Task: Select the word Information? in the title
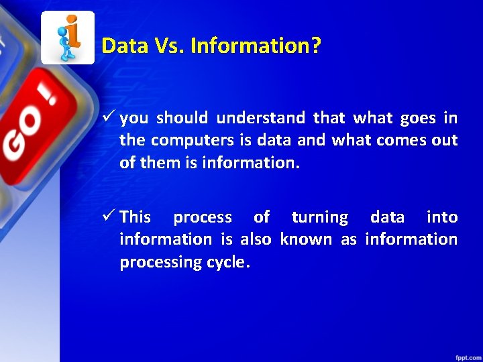(x=256, y=46)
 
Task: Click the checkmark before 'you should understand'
(x=109, y=119)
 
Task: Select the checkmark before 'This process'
(x=109, y=217)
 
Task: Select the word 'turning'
(x=319, y=217)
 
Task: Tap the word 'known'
(x=306, y=239)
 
